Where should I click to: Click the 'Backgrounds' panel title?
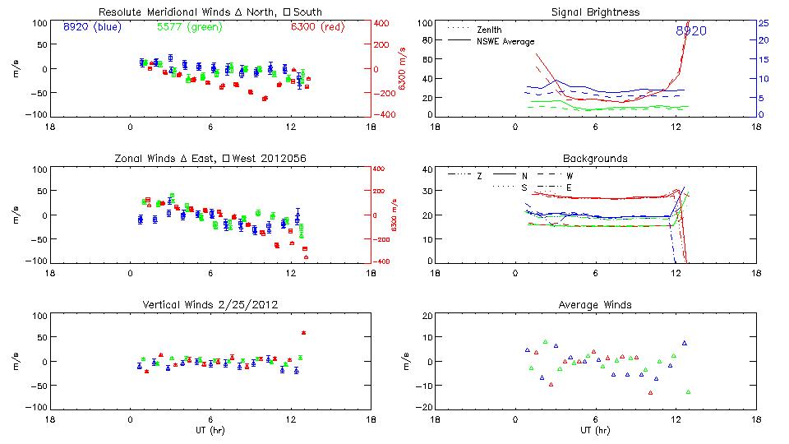pos(595,158)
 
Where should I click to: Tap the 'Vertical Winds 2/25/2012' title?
pos(210,305)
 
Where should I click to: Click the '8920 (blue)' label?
pos(90,27)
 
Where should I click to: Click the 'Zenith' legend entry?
pos(488,29)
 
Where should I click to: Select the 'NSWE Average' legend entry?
pos(504,41)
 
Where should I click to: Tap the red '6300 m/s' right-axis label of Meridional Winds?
pos(403,68)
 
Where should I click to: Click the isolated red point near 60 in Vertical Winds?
pos(304,333)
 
